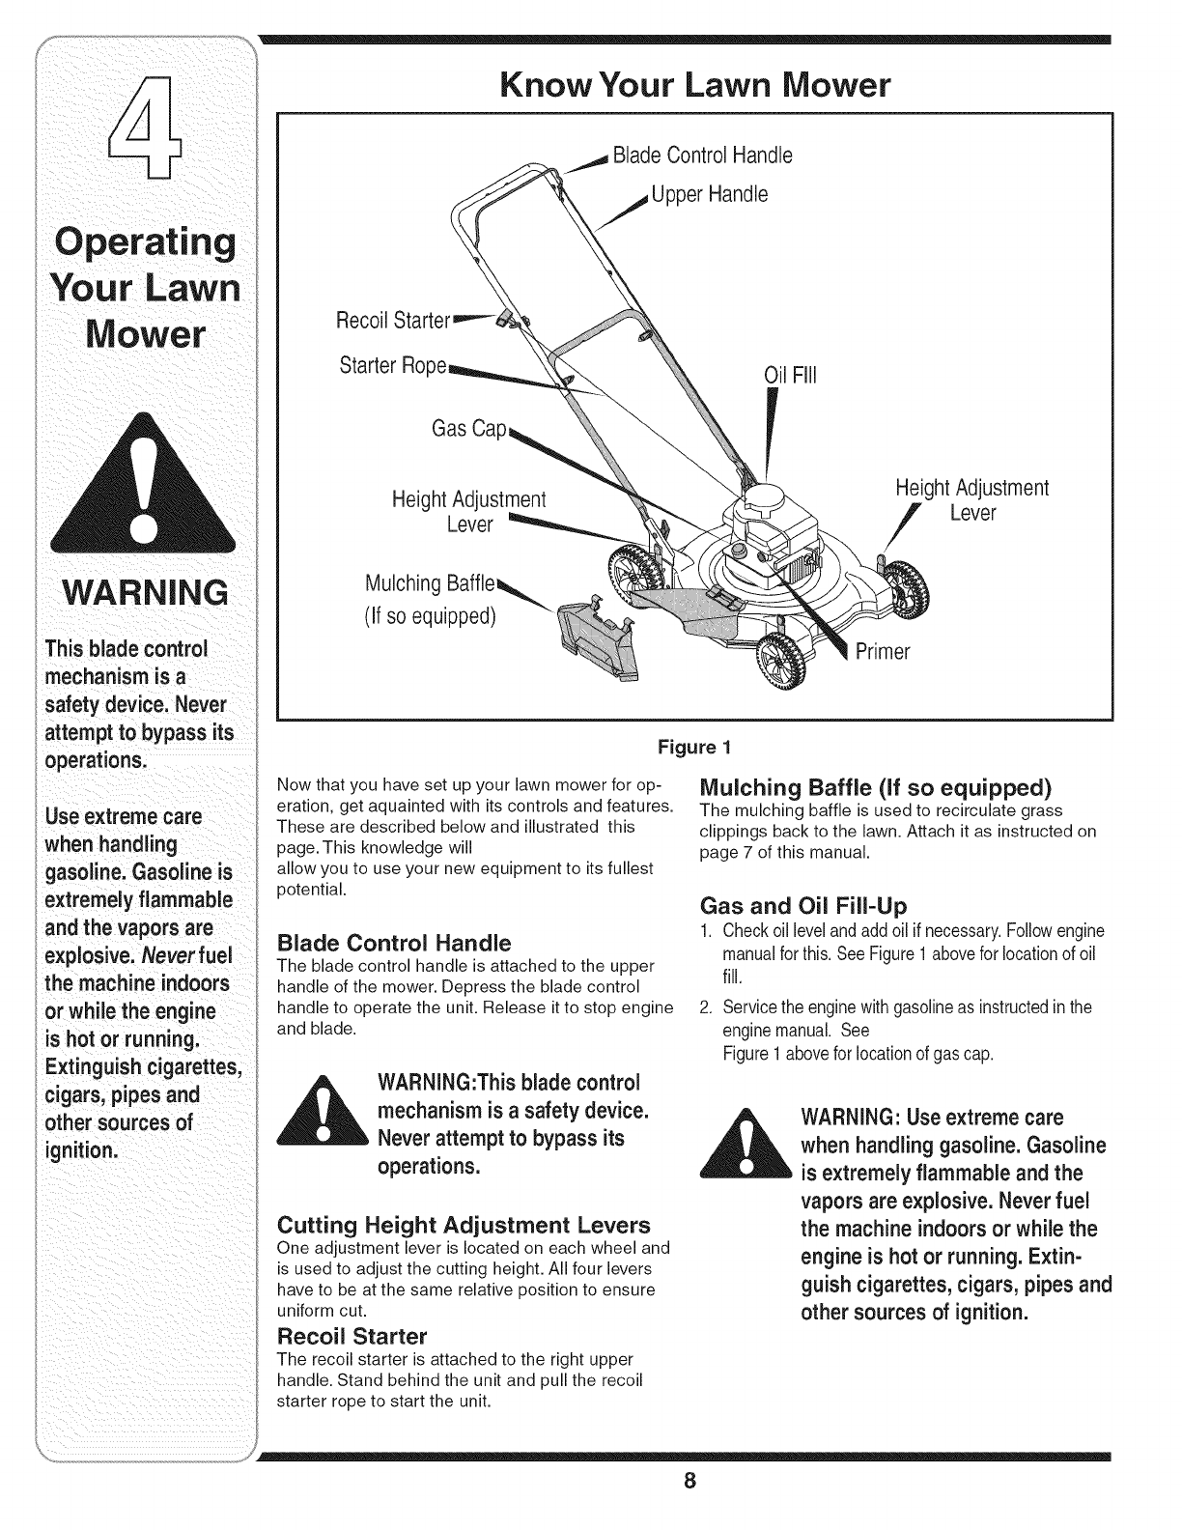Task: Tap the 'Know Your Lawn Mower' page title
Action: (x=694, y=86)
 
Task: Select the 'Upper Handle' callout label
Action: (x=710, y=194)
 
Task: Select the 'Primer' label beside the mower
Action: (x=883, y=652)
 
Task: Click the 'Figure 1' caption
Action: (x=694, y=747)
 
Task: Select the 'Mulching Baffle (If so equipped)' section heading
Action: (x=873, y=783)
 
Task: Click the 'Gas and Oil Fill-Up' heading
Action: (x=802, y=905)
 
